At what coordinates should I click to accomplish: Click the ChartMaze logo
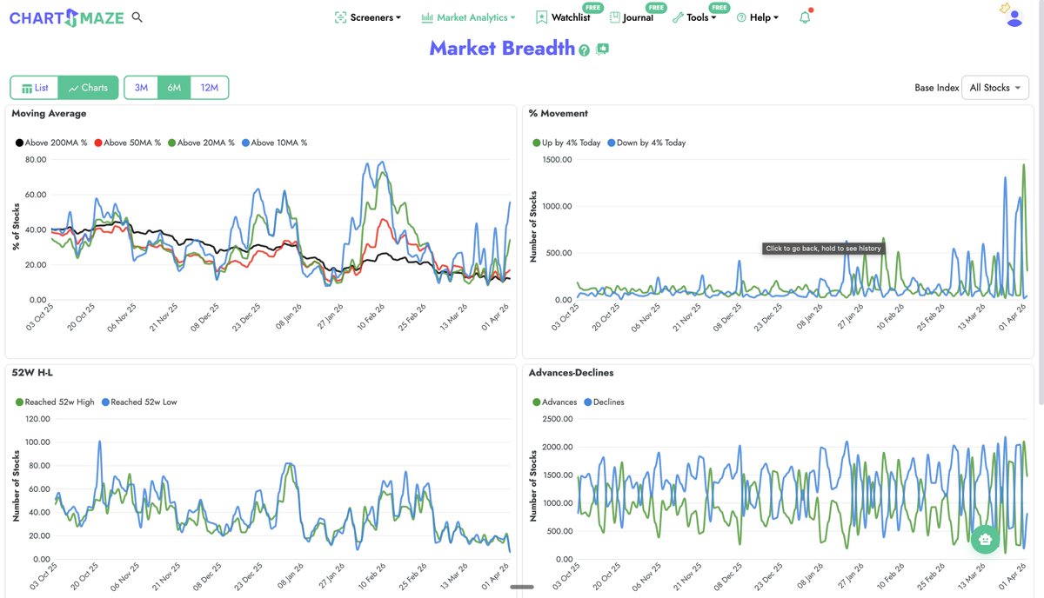(67, 17)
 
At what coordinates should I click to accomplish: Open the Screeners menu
(368, 17)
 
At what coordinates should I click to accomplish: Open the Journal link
(632, 17)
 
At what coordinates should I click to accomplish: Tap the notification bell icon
(805, 17)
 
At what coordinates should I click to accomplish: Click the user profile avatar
(1014, 17)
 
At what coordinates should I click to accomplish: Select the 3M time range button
(141, 88)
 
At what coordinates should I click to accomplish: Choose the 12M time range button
(209, 88)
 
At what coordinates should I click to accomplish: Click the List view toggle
(35, 88)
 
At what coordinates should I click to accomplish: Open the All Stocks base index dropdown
(995, 88)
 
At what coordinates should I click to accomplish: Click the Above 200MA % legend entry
(52, 143)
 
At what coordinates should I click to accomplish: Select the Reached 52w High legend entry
(55, 402)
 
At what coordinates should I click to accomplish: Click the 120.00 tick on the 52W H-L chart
(38, 419)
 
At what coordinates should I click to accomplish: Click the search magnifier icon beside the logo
(137, 17)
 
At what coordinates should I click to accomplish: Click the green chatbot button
(985, 539)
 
